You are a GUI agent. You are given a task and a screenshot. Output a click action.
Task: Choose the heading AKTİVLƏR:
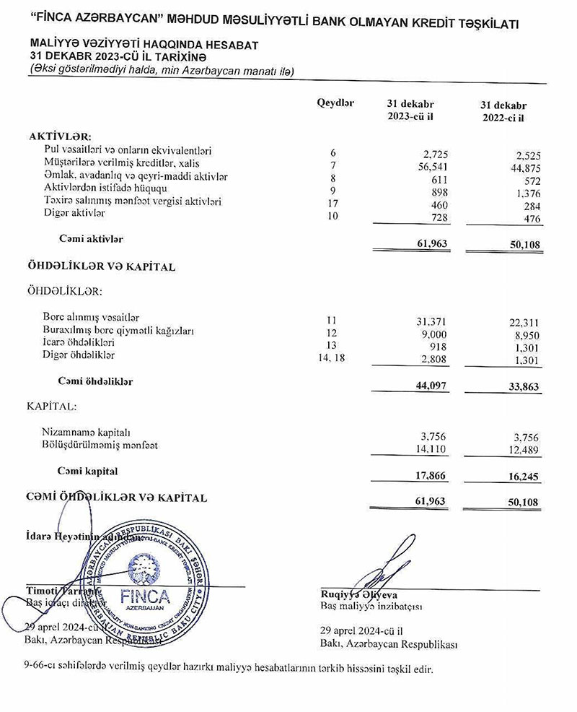click(60, 136)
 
